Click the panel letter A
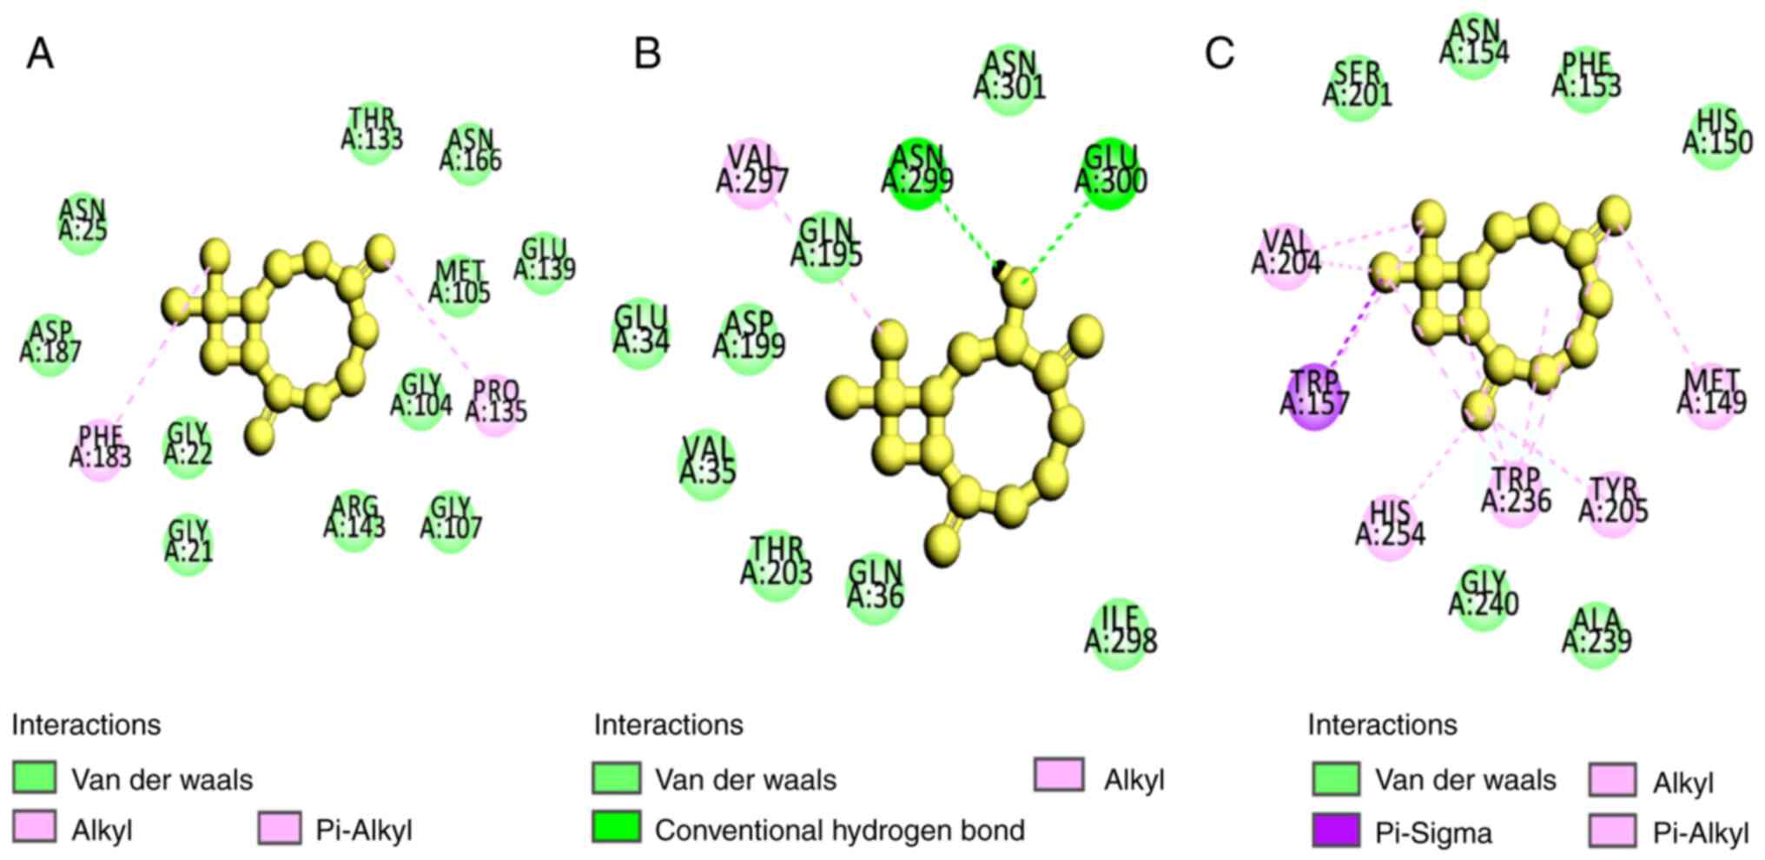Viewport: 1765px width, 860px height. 40,54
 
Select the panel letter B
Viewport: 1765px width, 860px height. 647,54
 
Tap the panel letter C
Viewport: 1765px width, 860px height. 1219,54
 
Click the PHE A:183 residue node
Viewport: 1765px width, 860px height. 101,447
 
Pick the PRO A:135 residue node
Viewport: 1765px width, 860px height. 496,401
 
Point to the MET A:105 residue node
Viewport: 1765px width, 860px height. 459,282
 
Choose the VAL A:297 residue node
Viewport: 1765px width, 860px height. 752,170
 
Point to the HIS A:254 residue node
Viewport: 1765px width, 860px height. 1390,523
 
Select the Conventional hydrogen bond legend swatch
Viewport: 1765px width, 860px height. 617,828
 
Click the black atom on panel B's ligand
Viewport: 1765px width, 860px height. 1001,268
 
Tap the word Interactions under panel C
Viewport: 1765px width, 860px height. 1382,724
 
